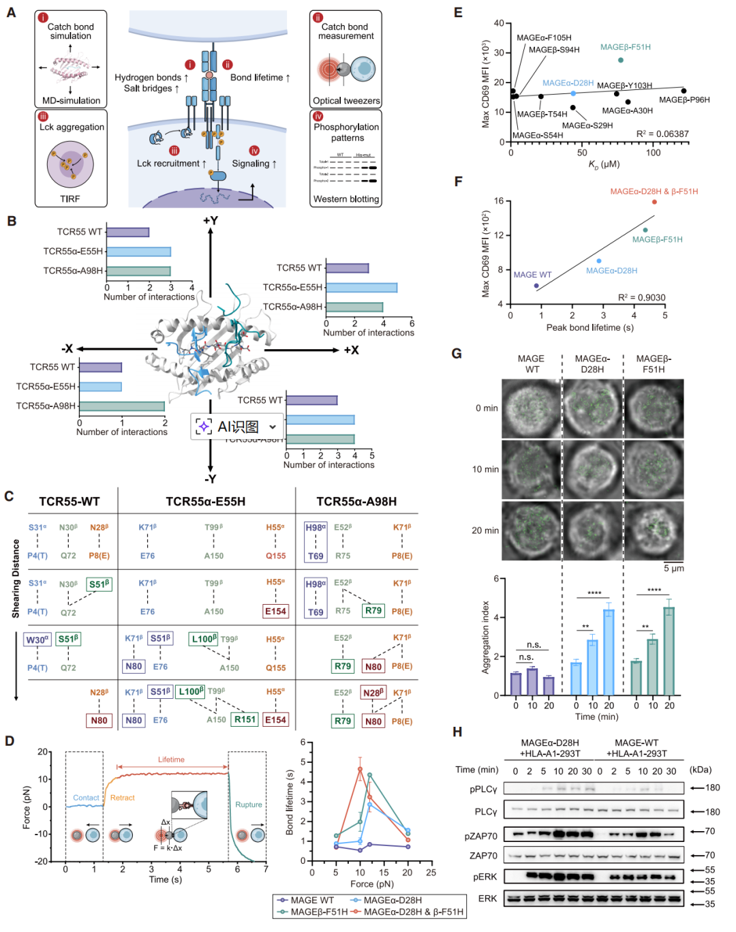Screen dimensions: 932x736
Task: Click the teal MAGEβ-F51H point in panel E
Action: [x=621, y=60]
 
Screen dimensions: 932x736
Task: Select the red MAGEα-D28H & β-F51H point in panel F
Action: [x=654, y=202]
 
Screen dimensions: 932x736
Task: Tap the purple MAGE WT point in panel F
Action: [x=536, y=286]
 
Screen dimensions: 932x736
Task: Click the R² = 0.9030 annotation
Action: [x=641, y=297]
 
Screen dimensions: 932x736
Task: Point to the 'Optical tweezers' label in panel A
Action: [x=346, y=101]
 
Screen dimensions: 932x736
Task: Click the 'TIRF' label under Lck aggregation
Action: [x=70, y=199]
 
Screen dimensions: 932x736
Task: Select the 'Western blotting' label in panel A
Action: [x=346, y=199]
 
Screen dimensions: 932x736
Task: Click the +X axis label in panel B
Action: [x=351, y=350]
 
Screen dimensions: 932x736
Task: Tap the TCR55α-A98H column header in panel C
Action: [x=356, y=502]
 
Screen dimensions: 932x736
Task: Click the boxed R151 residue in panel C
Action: [x=245, y=719]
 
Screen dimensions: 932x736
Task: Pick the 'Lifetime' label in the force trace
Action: [x=171, y=760]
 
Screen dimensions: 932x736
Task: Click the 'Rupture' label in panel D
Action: [x=249, y=805]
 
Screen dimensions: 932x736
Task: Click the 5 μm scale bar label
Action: [x=674, y=569]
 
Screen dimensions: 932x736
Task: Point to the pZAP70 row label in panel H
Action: [x=483, y=836]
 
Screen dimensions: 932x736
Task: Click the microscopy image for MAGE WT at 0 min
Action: [x=531, y=408]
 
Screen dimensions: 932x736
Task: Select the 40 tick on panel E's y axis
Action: [x=499, y=24]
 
